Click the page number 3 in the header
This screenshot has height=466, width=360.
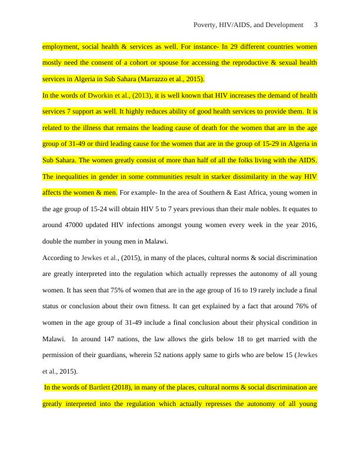[x=316, y=25]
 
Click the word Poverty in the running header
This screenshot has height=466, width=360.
[x=205, y=25]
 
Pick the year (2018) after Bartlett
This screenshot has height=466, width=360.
[x=125, y=388]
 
